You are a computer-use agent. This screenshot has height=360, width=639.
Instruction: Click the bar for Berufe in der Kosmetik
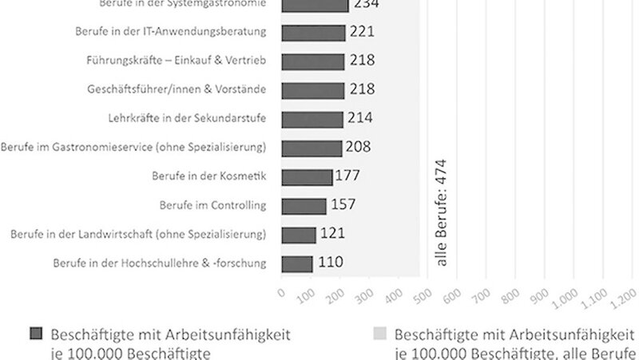point(308,176)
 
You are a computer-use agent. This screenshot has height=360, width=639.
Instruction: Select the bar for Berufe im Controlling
point(304,206)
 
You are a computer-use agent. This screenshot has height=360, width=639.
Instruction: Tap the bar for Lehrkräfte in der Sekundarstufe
point(313,118)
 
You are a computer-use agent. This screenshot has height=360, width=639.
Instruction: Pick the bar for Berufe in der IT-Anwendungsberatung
point(314,32)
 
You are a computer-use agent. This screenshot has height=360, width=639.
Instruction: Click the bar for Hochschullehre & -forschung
point(297,263)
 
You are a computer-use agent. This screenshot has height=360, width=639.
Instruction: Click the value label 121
point(333,234)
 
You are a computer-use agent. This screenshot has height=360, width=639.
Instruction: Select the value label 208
point(358,147)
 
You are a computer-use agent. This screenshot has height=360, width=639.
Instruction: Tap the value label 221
point(362,32)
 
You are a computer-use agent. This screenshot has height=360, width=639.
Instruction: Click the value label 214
point(359,118)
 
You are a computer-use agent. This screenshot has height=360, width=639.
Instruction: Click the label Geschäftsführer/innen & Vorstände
point(177,89)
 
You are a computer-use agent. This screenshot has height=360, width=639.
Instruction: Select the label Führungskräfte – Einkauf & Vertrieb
point(176,61)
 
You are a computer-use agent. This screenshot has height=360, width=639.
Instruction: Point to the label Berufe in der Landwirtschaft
point(138,234)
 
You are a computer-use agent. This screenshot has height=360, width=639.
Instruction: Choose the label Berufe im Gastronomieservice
point(133,148)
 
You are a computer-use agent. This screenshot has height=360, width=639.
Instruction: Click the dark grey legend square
point(36,334)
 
